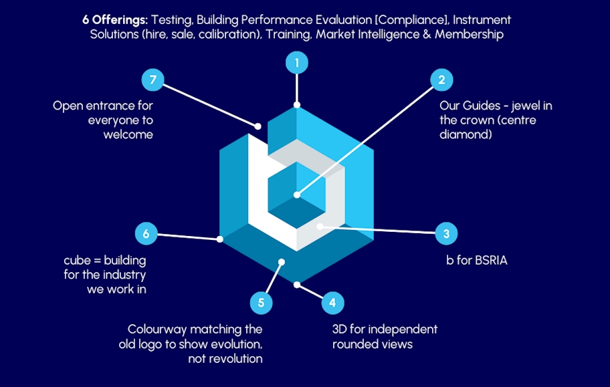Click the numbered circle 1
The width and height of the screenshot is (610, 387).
click(x=296, y=63)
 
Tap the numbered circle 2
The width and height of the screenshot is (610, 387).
click(x=441, y=80)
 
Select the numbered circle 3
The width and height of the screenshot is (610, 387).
click(x=446, y=234)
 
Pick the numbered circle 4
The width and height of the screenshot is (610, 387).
click(x=332, y=303)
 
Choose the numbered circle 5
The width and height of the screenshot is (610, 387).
click(x=261, y=303)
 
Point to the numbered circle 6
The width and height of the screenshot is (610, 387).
click(x=146, y=234)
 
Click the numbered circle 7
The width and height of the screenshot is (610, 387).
click(x=153, y=80)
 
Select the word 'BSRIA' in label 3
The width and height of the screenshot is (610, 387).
click(x=490, y=260)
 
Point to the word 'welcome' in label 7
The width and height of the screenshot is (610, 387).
click(x=128, y=134)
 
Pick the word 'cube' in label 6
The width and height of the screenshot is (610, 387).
click(x=76, y=260)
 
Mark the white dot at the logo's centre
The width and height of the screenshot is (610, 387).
click(x=296, y=196)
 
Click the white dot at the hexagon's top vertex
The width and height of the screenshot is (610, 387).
click(x=296, y=105)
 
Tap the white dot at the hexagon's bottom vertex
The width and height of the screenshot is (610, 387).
click(x=297, y=285)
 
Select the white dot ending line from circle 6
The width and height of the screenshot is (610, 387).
click(x=219, y=239)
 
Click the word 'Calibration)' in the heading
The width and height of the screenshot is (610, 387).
click(x=229, y=34)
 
